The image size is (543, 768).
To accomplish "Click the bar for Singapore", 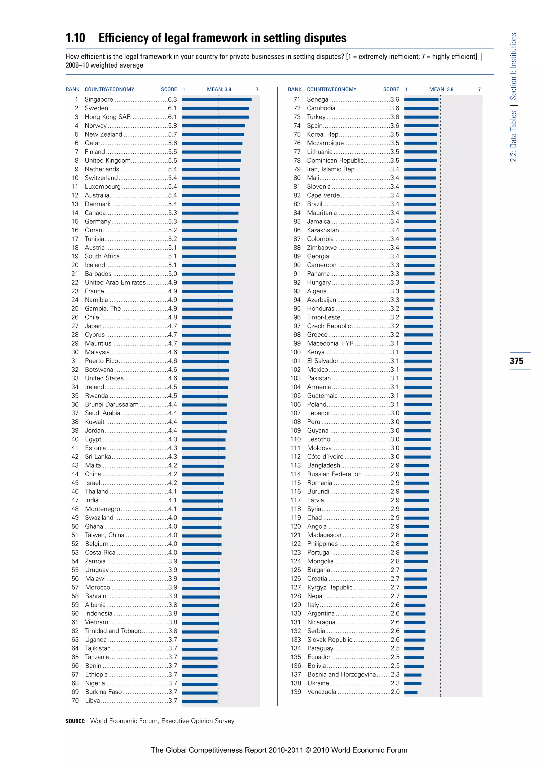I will (x=217, y=99).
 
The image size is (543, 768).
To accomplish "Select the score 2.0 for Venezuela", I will (x=395, y=692).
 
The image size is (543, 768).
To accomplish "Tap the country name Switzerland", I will (x=101, y=178).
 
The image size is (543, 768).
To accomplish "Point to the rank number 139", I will (x=296, y=692).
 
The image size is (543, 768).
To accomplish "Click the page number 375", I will (x=516, y=361).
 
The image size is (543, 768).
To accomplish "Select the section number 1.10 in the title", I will (x=75, y=38).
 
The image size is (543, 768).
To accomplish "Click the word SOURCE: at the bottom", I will (x=76, y=721).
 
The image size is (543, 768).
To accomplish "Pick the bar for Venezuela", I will (x=411, y=692).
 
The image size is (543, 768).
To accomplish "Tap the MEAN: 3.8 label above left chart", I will (x=219, y=89).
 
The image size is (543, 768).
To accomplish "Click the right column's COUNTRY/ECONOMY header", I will (x=332, y=89).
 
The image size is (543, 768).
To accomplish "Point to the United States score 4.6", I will (x=173, y=378).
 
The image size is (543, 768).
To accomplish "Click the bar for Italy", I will (x=415, y=605).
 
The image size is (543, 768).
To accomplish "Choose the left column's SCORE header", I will (x=169, y=89).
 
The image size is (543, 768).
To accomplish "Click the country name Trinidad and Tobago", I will (x=113, y=631).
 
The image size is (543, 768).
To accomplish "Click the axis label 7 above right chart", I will (x=479, y=89).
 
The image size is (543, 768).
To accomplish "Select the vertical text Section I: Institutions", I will (x=513, y=66).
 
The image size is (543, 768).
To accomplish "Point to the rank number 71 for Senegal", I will (x=297, y=99).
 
